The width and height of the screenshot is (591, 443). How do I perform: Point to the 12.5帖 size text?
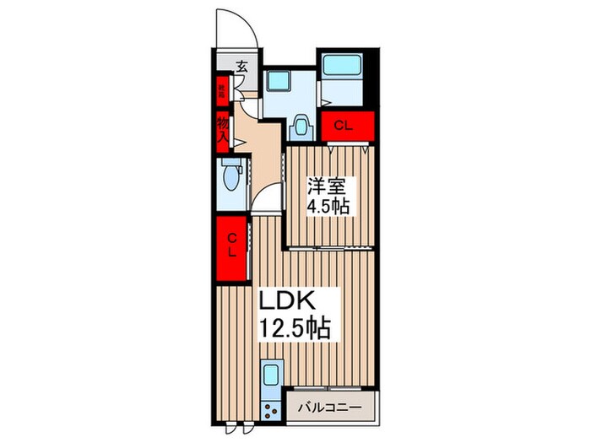pyautogui.click(x=295, y=327)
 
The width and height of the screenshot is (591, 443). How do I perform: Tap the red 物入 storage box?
pyautogui.click(x=222, y=131)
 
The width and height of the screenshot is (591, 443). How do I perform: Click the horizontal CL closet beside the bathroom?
pyautogui.click(x=343, y=127)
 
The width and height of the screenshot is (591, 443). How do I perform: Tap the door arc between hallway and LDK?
pyautogui.click(x=268, y=203)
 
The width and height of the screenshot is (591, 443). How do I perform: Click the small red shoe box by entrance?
pyautogui.click(x=222, y=88)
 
